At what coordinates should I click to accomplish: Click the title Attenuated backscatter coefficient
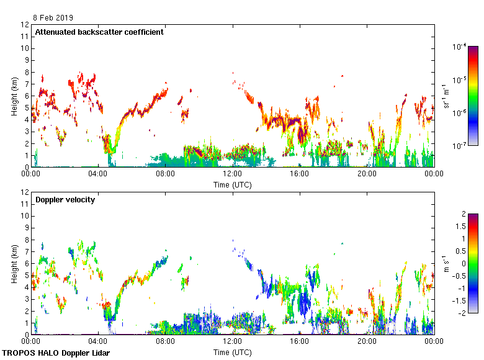click(99, 32)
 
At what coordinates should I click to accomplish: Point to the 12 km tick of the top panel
click(25, 25)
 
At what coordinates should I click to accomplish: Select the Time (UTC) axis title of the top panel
click(232, 184)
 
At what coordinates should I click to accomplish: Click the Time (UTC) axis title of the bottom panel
click(232, 352)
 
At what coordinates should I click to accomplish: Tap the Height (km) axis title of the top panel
click(14, 96)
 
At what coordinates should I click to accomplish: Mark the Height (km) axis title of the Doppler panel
click(14, 264)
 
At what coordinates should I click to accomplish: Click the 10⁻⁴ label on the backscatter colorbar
click(460, 47)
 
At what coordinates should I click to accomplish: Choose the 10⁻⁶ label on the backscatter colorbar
click(460, 113)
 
